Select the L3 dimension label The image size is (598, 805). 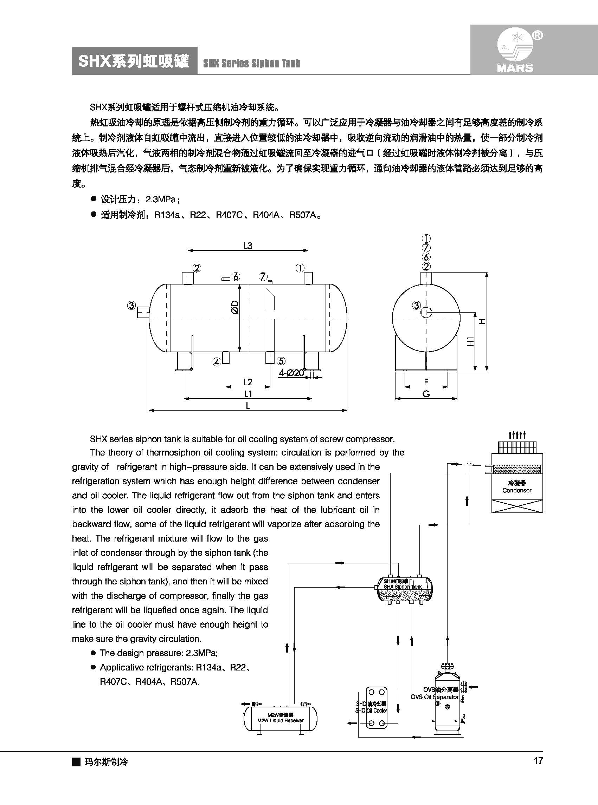247,246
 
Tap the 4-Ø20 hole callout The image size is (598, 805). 291,373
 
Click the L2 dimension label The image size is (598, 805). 248,382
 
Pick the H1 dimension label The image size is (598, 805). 470,341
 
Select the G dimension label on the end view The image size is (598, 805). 426,394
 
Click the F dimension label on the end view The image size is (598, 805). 426,382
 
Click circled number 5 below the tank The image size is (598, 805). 281,361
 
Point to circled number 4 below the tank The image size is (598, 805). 217,362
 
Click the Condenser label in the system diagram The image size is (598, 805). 516,490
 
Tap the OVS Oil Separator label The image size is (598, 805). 435,697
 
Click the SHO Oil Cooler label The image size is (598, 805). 371,711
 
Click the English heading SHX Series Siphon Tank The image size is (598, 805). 252,64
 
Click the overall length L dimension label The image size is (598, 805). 248,406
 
